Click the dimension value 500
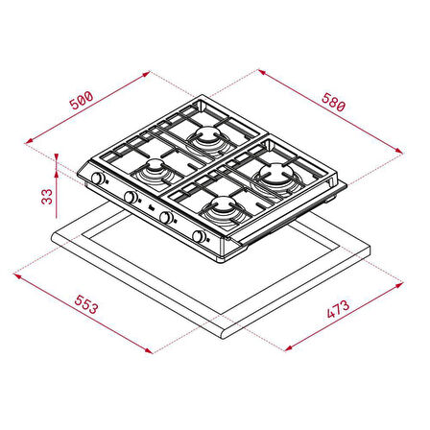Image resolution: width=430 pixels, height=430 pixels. coord(83,100)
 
